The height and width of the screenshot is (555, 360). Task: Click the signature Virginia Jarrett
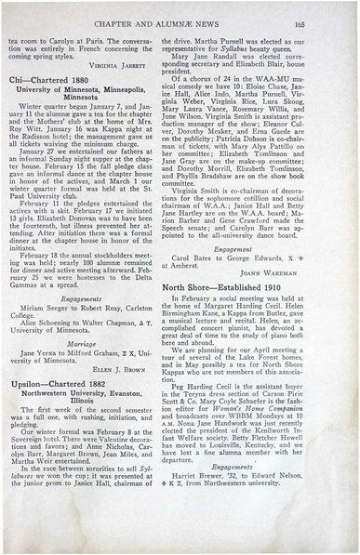click(140, 67)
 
